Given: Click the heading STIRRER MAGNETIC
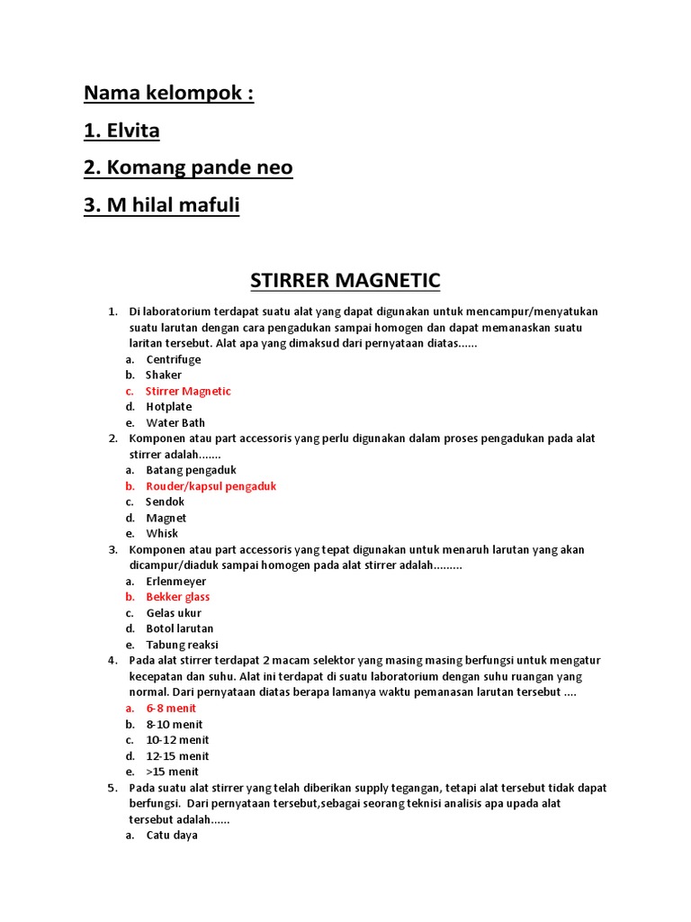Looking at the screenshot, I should (345, 280).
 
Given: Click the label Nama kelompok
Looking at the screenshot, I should (168, 94).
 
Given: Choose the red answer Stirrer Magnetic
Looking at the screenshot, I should (188, 391).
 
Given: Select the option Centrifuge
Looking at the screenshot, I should (174, 359).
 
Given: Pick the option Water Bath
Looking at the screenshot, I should (175, 422).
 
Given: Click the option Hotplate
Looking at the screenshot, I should (169, 407).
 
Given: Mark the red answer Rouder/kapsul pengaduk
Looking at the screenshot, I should (211, 486).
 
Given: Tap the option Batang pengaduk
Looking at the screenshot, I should (191, 470).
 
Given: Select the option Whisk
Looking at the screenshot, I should (162, 533).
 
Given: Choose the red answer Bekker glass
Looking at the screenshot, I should (178, 597).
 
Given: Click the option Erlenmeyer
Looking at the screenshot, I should (176, 582).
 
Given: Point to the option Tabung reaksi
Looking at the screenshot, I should (182, 645).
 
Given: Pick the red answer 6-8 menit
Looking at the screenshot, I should (171, 709).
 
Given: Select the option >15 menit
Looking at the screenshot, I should (173, 772).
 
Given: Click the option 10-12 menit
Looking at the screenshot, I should (177, 740).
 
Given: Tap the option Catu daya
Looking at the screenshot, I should (172, 835).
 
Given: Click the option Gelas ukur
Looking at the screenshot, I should (174, 613).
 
